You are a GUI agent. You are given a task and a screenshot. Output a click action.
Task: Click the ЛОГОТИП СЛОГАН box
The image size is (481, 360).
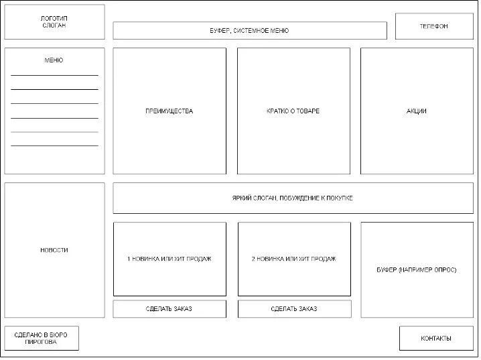tap(54, 22)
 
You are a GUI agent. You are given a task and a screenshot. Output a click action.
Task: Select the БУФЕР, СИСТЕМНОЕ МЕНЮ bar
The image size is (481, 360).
tap(249, 31)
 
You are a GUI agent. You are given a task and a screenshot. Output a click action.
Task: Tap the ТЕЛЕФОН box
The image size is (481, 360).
tap(434, 26)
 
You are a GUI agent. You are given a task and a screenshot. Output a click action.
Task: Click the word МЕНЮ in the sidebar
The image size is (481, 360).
tap(54, 60)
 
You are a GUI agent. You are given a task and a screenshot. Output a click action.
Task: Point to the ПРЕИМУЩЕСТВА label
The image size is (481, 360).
tap(169, 111)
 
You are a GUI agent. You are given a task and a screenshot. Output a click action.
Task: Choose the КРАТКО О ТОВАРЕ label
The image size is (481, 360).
tap(293, 111)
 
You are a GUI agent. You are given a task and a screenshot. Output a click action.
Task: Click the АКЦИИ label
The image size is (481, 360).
tap(416, 111)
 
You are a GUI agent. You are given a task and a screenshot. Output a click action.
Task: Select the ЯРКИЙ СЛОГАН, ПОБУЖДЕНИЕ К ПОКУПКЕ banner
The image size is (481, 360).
tap(293, 198)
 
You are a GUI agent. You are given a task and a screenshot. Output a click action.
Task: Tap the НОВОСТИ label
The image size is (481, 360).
tap(54, 250)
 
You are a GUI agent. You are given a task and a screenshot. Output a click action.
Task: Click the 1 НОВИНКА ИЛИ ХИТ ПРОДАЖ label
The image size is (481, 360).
tap(169, 259)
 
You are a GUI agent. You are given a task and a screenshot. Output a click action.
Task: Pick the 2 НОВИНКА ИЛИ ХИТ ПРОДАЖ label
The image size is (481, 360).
tap(293, 259)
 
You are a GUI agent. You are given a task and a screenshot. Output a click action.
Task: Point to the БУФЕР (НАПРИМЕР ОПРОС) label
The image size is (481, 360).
tap(417, 269)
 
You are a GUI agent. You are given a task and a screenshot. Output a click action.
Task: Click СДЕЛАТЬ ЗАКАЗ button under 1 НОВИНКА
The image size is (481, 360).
tap(169, 308)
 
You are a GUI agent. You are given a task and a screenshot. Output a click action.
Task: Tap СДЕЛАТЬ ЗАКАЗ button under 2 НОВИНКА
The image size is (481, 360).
tap(294, 308)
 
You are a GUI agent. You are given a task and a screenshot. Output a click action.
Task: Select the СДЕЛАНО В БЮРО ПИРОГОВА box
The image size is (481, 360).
tap(42, 339)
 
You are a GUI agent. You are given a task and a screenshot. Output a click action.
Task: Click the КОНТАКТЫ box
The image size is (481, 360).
tap(436, 338)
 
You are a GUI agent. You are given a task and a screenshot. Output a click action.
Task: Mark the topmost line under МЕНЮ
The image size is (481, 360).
tap(54, 75)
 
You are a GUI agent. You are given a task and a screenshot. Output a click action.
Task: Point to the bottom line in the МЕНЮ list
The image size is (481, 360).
tap(54, 145)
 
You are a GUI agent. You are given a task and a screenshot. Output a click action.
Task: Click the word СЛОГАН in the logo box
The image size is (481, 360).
tap(54, 26)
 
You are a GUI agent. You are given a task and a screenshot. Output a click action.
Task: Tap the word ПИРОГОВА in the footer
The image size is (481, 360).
tap(42, 343)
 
